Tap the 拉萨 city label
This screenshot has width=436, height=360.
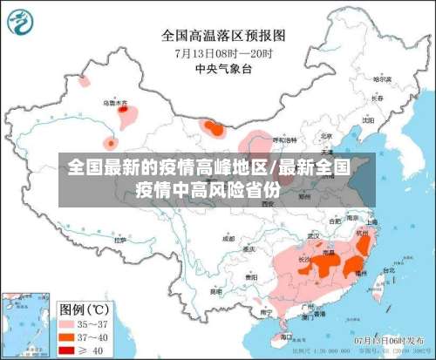point(120,228)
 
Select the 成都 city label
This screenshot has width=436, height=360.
point(228,238)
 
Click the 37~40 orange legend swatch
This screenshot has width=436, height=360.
point(66,336)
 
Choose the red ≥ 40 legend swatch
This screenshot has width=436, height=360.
point(66,350)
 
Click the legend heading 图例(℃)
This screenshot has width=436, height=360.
point(83,307)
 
